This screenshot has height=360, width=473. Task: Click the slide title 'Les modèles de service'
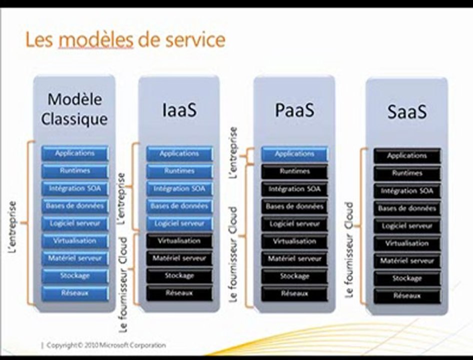[125, 40]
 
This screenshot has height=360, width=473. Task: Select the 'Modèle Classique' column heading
[74, 109]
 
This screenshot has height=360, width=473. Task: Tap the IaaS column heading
[179, 109]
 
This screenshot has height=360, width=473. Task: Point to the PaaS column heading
[294, 109]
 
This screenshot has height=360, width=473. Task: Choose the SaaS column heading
[407, 111]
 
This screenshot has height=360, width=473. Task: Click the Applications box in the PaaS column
[294, 154]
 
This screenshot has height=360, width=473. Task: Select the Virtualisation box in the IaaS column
[179, 241]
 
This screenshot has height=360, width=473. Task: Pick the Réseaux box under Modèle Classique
[74, 293]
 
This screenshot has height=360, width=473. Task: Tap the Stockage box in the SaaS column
[407, 278]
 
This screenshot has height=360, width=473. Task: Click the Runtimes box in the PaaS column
[294, 171]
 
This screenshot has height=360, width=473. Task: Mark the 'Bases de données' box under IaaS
[179, 206]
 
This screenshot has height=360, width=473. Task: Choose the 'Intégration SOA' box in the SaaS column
[407, 191]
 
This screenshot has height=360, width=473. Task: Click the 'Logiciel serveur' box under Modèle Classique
[74, 223]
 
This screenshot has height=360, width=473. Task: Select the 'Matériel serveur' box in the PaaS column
[294, 258]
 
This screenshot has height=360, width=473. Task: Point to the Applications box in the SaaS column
[407, 156]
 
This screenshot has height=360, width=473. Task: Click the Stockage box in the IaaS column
[179, 275]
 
